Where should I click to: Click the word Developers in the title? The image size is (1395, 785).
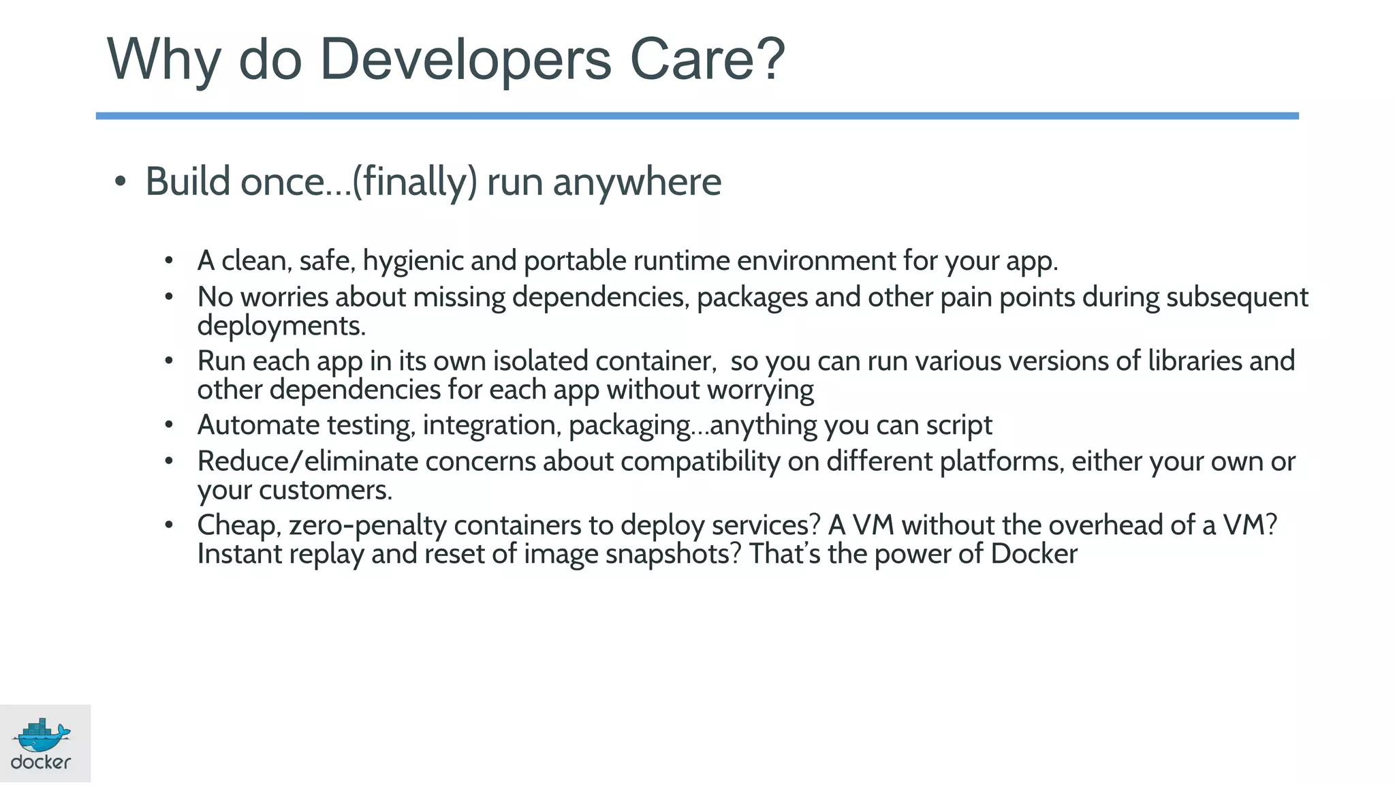(x=465, y=60)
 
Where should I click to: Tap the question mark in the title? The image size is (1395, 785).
(x=770, y=60)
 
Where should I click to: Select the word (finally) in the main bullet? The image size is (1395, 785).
(x=414, y=182)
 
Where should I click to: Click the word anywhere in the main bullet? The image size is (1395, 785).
(x=636, y=183)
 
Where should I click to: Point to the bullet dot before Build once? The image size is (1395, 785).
(x=121, y=182)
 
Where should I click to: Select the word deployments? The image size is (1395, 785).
(x=281, y=326)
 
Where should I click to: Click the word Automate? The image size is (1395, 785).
(x=258, y=425)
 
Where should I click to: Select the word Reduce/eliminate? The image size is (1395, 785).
(x=307, y=462)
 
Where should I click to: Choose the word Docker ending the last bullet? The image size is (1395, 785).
(x=1033, y=554)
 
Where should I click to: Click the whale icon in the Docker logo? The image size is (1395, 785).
(x=42, y=736)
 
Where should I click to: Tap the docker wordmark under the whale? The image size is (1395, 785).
(x=41, y=763)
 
